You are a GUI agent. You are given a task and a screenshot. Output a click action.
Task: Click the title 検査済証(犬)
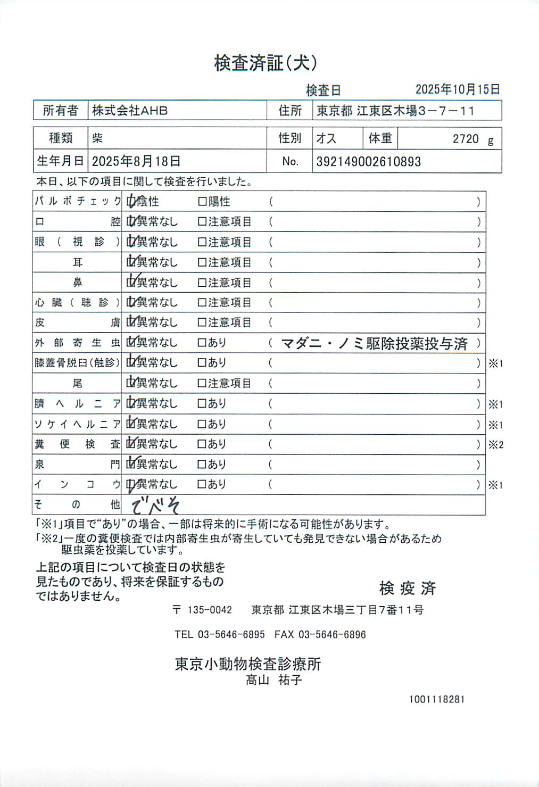tap(266, 63)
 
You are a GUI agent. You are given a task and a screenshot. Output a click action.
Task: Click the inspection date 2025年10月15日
tap(457, 89)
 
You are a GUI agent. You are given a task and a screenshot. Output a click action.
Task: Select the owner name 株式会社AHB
tap(130, 111)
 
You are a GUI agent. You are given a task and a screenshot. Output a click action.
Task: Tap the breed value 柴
tap(97, 138)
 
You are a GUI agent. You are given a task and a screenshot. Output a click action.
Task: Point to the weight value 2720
tap(466, 139)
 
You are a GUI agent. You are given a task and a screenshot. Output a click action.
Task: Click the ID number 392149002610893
tap(368, 162)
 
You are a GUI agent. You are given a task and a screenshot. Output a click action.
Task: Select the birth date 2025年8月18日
tap(136, 161)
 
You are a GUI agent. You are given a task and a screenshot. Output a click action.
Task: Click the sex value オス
tap(326, 138)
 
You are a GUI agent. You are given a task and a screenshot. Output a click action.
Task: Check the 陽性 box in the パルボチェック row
tap(202, 202)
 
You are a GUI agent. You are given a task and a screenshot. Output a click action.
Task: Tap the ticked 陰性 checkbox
tap(131, 202)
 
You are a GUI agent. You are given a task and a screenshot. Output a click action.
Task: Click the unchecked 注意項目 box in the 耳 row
tap(202, 262)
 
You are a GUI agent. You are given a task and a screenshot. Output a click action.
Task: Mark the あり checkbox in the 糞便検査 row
tap(202, 444)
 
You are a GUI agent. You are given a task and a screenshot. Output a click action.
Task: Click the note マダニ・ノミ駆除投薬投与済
tap(374, 344)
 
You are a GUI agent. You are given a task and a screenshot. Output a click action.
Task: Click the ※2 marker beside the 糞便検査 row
tap(495, 445)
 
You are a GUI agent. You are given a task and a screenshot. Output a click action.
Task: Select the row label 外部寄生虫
tap(77, 343)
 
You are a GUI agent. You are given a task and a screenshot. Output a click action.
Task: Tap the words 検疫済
tap(408, 588)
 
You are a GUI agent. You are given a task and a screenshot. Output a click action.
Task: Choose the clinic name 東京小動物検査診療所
tap(248, 664)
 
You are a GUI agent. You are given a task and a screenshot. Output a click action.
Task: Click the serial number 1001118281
tap(436, 699)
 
